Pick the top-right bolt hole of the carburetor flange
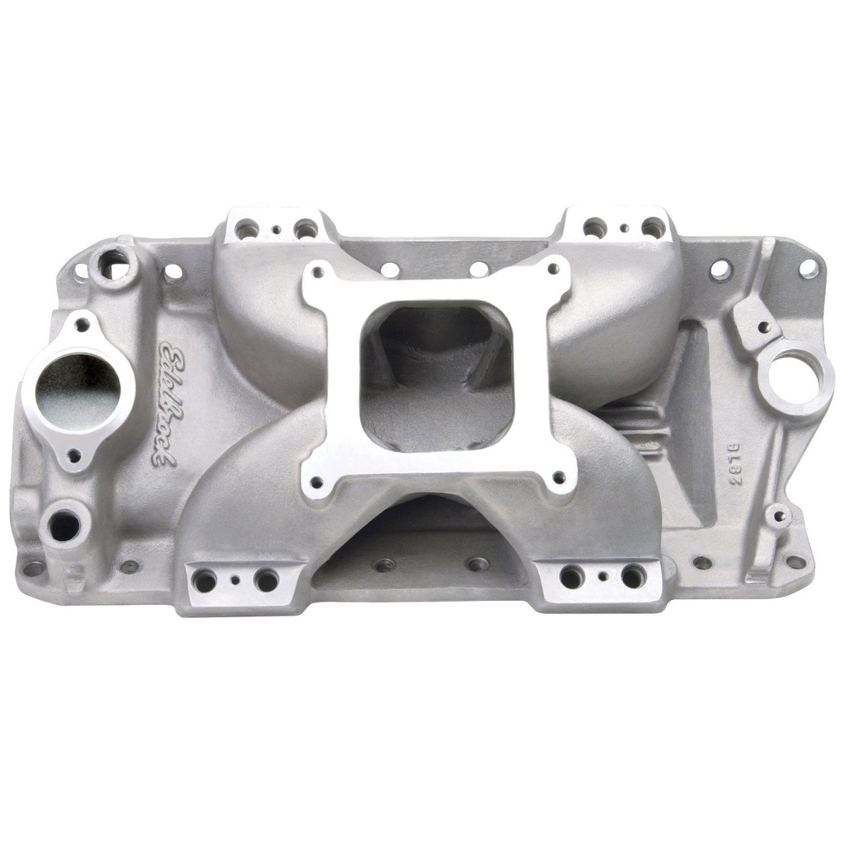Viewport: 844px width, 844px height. point(554,274)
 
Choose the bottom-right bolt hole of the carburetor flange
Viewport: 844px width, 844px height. point(559,476)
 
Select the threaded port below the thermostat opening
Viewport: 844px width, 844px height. point(64,524)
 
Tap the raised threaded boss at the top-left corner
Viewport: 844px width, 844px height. point(111,263)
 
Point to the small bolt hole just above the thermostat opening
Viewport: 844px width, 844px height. point(82,325)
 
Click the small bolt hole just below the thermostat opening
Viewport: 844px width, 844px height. point(74,455)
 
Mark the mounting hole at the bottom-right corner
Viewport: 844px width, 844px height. point(795,561)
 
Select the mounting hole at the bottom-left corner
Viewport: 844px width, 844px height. point(33,568)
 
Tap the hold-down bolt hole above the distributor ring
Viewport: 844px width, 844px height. point(764,326)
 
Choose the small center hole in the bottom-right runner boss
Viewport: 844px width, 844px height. point(603,578)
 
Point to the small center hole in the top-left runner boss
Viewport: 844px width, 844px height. point(276,230)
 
